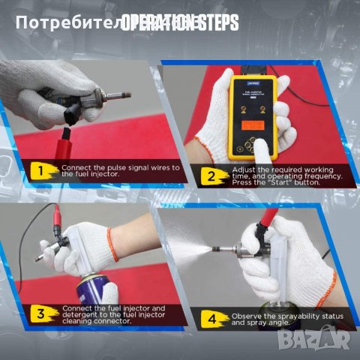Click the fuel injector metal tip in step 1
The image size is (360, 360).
(119, 95)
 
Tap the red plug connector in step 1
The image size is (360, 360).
(65, 134)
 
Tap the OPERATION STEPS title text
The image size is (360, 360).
(180, 22)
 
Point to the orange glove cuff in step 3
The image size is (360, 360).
(112, 244)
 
